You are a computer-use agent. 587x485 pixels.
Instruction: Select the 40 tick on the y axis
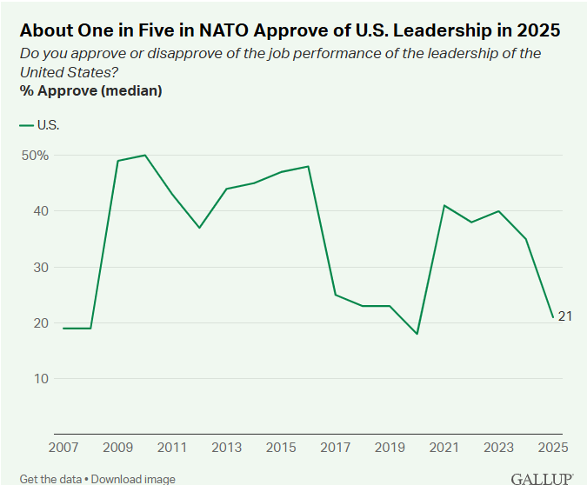pos(40,211)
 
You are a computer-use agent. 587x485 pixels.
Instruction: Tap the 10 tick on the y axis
pos(40,378)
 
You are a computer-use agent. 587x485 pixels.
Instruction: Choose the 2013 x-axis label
pos(226,448)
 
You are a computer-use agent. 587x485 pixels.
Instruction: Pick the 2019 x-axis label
pos(390,448)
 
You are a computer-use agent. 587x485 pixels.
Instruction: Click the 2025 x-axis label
pos(552,448)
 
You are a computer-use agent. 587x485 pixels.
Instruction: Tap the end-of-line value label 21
pos(564,316)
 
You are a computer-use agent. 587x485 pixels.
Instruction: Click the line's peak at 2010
pos(144,155)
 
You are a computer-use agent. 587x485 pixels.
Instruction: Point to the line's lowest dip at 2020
pos(417,334)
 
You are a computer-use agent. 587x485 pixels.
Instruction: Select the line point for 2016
pos(308,166)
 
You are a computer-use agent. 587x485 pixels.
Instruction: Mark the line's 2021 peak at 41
pos(444,205)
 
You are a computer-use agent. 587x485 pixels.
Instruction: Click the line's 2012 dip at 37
pos(199,228)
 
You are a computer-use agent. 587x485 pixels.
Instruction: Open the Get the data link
pos(51,479)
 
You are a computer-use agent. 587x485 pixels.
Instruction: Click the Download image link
pos(133,479)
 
